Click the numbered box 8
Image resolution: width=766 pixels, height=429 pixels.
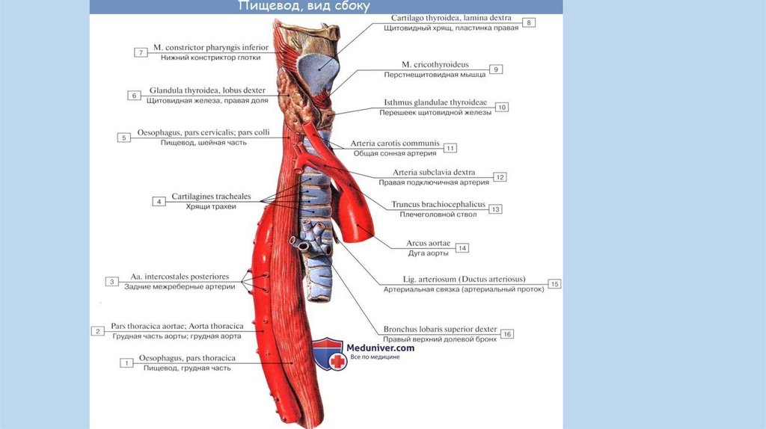pyautogui.click(x=530, y=22)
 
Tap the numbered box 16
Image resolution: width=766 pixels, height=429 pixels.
pyautogui.click(x=506, y=334)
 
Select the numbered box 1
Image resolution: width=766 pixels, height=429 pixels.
pyautogui.click(x=127, y=362)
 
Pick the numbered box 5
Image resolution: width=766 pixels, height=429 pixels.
pyautogui.click(x=123, y=138)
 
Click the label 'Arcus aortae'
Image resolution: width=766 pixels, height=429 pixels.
pyautogui.click(x=426, y=243)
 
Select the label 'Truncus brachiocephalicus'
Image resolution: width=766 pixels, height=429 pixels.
pyautogui.click(x=438, y=204)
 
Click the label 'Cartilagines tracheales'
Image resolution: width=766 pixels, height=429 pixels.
pyautogui.click(x=211, y=197)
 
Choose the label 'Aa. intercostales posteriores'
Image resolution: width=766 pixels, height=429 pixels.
pyautogui.click(x=180, y=277)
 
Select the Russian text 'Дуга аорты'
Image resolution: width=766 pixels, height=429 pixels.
pyautogui.click(x=427, y=253)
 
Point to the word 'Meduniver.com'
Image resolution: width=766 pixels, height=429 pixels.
pyautogui.click(x=380, y=348)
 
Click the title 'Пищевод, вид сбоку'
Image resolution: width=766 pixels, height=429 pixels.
pyautogui.click(x=303, y=7)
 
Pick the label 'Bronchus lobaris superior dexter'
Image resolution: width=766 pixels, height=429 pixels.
pyautogui.click(x=440, y=328)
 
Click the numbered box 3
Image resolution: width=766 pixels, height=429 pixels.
pyautogui.click(x=111, y=282)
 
